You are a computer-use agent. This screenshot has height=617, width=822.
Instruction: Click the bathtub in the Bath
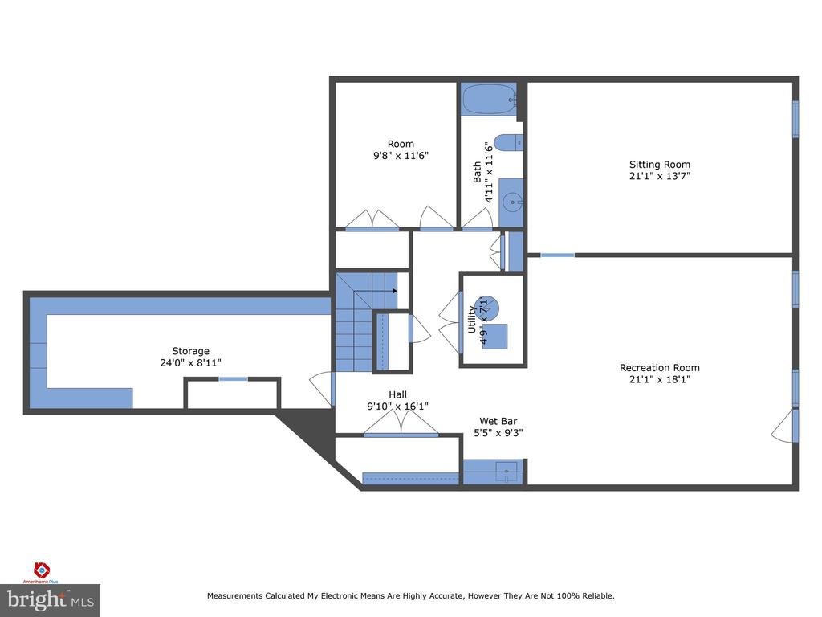(x=488, y=100)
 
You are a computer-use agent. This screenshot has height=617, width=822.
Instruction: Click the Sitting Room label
(x=659, y=165)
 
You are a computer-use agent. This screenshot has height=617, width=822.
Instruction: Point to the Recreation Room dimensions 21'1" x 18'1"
(x=659, y=380)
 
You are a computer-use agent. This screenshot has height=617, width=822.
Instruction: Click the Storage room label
(x=190, y=351)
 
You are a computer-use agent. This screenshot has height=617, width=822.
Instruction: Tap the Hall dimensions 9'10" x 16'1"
(x=398, y=407)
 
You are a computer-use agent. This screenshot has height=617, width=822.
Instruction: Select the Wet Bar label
(x=498, y=421)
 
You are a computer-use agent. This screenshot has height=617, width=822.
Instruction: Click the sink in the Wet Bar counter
(x=505, y=472)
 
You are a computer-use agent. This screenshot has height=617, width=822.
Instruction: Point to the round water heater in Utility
(x=489, y=306)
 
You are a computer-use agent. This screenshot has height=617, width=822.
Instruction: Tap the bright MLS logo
(x=50, y=599)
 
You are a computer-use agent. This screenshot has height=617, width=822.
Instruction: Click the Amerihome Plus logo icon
(x=41, y=570)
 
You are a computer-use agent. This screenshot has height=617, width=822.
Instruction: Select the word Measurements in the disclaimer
(x=234, y=596)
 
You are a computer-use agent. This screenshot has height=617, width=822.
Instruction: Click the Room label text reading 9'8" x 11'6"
(x=401, y=156)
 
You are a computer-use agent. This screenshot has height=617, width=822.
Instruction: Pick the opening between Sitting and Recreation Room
(x=557, y=255)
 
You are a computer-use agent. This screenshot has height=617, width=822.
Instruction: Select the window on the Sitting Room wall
(x=796, y=119)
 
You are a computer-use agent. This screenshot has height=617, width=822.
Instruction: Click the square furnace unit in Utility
(x=494, y=336)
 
